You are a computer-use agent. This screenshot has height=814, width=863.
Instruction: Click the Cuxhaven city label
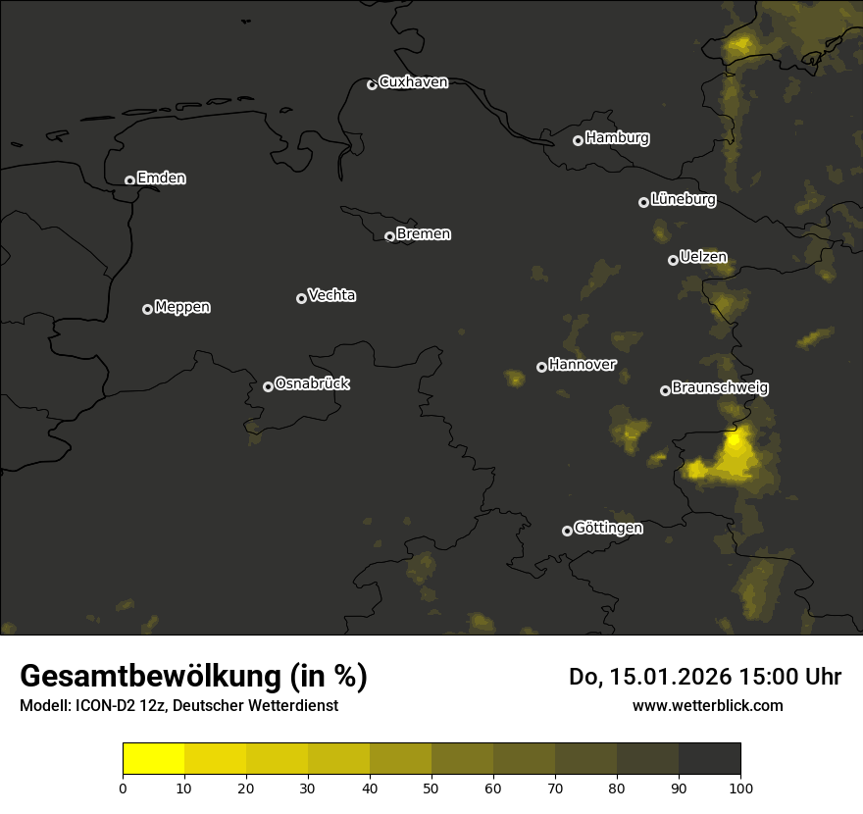click(413, 82)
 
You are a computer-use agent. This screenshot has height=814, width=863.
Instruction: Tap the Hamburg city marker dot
click(578, 140)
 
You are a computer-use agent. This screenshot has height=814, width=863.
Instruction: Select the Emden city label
click(161, 178)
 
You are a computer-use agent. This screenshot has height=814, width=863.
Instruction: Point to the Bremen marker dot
click(389, 236)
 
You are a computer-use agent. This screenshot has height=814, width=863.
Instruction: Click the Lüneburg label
click(683, 200)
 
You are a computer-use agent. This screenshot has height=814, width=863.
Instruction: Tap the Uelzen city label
click(703, 257)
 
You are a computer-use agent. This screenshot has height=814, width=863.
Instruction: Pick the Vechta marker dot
click(301, 298)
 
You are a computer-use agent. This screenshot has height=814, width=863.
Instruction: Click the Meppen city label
click(182, 307)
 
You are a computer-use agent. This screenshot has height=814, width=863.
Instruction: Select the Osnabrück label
click(312, 383)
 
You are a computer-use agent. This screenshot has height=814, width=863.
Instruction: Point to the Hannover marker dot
click(541, 367)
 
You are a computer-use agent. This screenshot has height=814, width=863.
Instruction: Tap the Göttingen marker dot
click(567, 531)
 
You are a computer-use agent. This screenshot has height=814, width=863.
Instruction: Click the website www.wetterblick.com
click(707, 705)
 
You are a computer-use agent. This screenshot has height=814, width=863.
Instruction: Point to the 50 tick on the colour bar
click(431, 787)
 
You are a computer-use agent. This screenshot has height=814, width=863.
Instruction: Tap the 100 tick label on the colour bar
click(740, 787)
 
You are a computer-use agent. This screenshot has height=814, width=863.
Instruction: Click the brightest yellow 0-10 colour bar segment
click(154, 759)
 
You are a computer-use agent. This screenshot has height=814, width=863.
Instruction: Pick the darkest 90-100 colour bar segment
click(709, 759)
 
